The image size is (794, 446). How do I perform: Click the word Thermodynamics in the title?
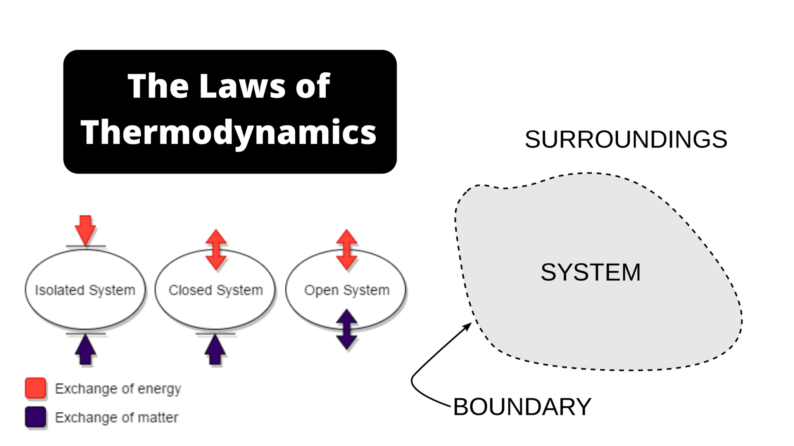pyautogui.click(x=229, y=132)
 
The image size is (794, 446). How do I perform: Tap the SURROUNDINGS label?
pyautogui.click(x=626, y=139)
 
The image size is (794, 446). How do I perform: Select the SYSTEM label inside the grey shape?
pyautogui.click(x=590, y=272)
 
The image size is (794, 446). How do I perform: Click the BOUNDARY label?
pyautogui.click(x=522, y=407)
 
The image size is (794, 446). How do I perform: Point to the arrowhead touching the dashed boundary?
pyautogui.click(x=468, y=326)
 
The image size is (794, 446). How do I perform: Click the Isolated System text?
pyautogui.click(x=85, y=290)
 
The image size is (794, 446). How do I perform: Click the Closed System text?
pyautogui.click(x=216, y=290)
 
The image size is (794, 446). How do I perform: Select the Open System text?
pyautogui.click(x=347, y=290)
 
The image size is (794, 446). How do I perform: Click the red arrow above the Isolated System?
pyautogui.click(x=85, y=230)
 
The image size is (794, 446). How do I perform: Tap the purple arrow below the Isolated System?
pyautogui.click(x=85, y=350)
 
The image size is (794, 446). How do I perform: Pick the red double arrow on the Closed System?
pyautogui.click(x=216, y=250)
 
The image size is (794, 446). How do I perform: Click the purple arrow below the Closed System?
pyautogui.click(x=215, y=350)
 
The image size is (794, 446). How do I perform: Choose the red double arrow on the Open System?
pyautogui.click(x=347, y=250)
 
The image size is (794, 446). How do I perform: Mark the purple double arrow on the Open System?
pyautogui.click(x=347, y=329)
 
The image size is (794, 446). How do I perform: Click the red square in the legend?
pyautogui.click(x=36, y=388)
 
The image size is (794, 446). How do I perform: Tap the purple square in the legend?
pyautogui.click(x=36, y=417)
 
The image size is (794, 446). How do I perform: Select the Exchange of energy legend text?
pyautogui.click(x=118, y=389)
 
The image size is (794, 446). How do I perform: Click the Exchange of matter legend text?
pyautogui.click(x=116, y=417)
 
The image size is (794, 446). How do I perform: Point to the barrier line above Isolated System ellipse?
pyautogui.click(x=86, y=246)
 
